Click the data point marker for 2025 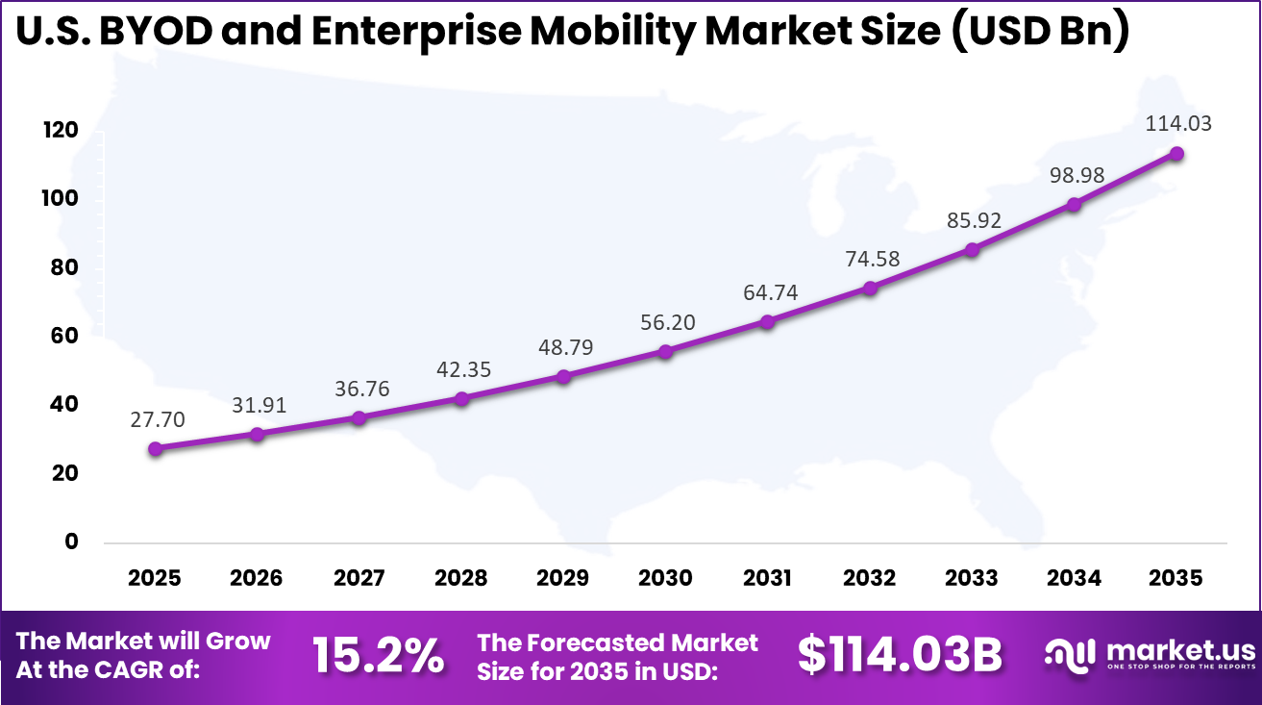155,448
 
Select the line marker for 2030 665,351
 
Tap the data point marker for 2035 1175,153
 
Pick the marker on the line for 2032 870,288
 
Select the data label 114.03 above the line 1177,123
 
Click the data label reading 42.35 461,369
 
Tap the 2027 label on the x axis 359,578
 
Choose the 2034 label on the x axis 1074,578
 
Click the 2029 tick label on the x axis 563,578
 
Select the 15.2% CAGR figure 378,656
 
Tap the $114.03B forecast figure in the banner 900,656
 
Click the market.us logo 1150,655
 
